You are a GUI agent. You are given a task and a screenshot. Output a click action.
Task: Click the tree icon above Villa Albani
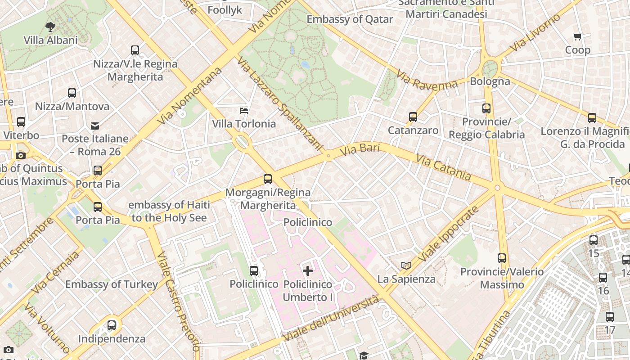pos(50,27)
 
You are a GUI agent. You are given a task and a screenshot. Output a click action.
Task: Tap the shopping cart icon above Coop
pos(578,36)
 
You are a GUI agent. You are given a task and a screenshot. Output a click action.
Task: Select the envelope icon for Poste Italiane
pos(95,126)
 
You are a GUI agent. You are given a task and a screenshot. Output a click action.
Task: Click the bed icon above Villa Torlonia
pos(243,110)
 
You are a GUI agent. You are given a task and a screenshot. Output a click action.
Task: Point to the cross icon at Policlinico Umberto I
pos(308,270)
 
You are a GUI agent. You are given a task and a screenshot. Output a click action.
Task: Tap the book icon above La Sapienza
pos(406,265)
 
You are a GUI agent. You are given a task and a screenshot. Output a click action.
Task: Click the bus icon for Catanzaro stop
pos(413,117)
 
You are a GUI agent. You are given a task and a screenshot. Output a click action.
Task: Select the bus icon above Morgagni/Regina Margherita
pos(268,179)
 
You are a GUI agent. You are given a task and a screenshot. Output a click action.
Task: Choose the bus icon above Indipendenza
pos(112,325)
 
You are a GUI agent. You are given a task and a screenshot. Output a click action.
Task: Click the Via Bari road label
pos(360,150)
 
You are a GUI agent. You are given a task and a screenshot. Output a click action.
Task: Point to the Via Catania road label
pos(443,167)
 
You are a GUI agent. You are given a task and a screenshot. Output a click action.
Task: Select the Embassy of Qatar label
pos(350,19)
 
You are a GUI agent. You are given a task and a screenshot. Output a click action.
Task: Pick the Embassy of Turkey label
pos(112,284)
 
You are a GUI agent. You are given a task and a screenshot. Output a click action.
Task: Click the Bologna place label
pos(490,81)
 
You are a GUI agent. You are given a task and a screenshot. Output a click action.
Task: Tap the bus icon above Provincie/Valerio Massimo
pos(502,258)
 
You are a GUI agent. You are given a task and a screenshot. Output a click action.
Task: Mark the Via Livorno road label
pos(535,32)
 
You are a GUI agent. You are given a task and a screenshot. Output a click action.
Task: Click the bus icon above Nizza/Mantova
pos(72,93)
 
